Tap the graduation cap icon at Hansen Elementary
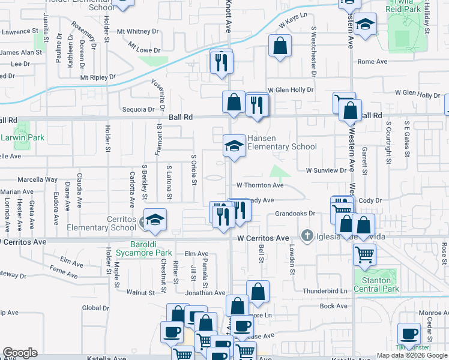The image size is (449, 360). tap(234, 145)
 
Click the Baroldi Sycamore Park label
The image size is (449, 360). tap(160, 248)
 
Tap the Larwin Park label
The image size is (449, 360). tap(22, 137)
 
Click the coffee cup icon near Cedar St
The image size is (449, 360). tap(410, 333)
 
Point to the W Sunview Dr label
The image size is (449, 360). tap(327, 170)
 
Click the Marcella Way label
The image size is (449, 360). tap(37, 179)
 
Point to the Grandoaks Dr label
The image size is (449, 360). tap(295, 214)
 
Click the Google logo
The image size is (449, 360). tap(20, 353)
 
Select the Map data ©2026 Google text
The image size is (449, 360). tap(412, 355)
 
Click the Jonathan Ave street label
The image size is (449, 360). tap(205, 293)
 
